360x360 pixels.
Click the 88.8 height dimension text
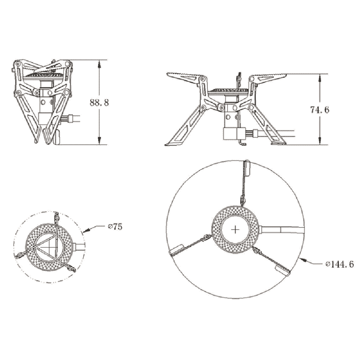(x=99, y=102)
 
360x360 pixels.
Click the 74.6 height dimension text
(x=320, y=110)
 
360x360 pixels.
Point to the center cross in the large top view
(x=235, y=229)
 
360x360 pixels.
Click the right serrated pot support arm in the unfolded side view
(x=268, y=76)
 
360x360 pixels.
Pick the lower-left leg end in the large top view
(x=176, y=249)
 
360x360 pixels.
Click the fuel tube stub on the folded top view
(x=80, y=246)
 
